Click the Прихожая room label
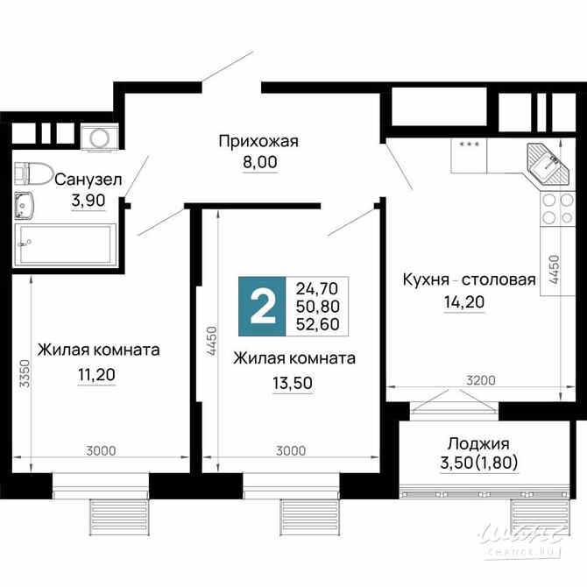tap(258, 141)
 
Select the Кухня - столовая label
tap(468, 280)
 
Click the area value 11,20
tap(96, 375)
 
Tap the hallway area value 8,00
tap(258, 162)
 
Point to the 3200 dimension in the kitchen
tap(480, 380)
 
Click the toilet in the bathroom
tap(33, 173)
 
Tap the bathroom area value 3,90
tap(88, 200)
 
